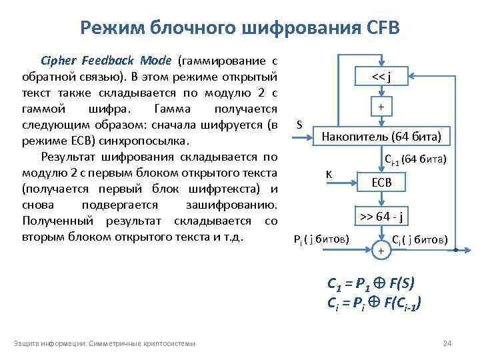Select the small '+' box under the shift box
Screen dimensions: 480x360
(x=381, y=107)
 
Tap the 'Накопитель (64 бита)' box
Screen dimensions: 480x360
(x=381, y=138)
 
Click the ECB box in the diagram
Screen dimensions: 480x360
(x=381, y=182)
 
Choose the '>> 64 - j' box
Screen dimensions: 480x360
(x=381, y=217)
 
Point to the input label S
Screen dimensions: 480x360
(x=299, y=125)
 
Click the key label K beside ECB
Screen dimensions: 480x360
(x=329, y=175)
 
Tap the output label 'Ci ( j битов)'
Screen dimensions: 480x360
(x=419, y=240)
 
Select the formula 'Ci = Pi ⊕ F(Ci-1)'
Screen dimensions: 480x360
(x=374, y=301)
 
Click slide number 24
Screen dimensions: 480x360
(x=447, y=343)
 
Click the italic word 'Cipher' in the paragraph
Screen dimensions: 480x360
(x=58, y=60)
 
